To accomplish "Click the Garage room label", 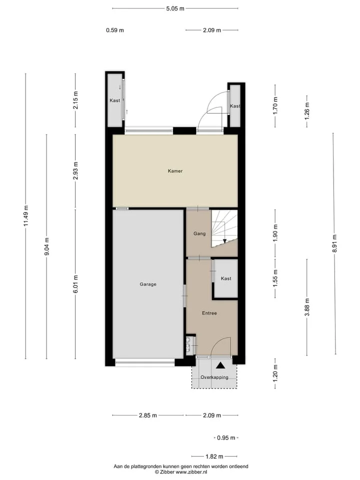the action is (x=148, y=284).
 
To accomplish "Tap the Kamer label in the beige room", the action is (x=175, y=171).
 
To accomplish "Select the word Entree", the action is (x=209, y=313).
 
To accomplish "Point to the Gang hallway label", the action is (x=199, y=233).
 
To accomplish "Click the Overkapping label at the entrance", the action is (x=214, y=377).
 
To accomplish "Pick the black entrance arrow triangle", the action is (x=220, y=365).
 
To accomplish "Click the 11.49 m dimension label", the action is (x=25, y=216).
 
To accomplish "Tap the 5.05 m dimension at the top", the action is (x=175, y=8).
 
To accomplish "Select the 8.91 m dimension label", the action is (x=334, y=243).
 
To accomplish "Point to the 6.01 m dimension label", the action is (x=75, y=284).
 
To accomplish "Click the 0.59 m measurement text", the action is (x=115, y=30).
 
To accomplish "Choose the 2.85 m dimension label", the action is (x=148, y=415).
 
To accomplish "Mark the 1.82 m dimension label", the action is (x=214, y=456).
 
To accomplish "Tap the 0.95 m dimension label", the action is (x=226, y=438).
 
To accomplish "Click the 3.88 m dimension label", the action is (x=307, y=307).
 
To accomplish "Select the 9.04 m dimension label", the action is (x=46, y=246).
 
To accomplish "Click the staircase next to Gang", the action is (x=224, y=228).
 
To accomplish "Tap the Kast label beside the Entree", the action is (x=226, y=278).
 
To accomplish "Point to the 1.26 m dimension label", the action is (x=307, y=111).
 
